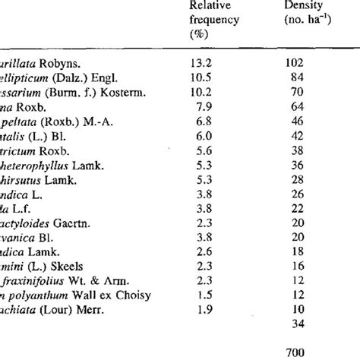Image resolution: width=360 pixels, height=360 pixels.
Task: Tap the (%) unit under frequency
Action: pos(197,35)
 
